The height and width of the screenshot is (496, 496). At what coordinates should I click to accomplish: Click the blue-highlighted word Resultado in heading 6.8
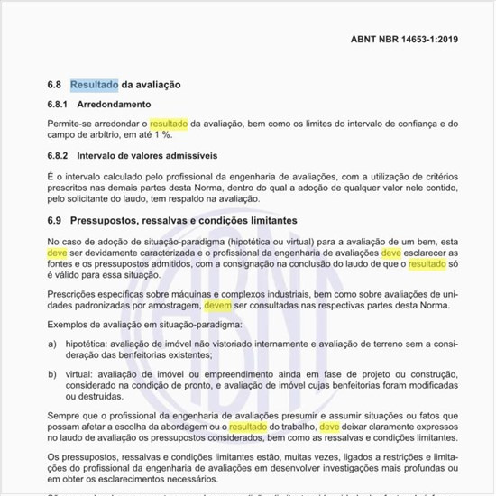click(95, 85)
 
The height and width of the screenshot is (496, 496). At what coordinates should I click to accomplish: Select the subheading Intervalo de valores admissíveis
click(153, 156)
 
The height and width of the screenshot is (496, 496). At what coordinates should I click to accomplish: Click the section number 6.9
click(54, 220)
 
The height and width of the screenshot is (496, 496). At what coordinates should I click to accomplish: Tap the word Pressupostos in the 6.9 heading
click(109, 220)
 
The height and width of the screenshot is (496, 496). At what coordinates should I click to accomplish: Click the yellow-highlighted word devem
click(218, 305)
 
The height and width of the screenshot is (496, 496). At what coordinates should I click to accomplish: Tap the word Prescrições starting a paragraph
click(74, 293)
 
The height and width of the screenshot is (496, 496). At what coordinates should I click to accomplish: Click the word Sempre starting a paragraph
click(64, 416)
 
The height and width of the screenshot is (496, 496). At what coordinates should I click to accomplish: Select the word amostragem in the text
click(170, 305)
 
